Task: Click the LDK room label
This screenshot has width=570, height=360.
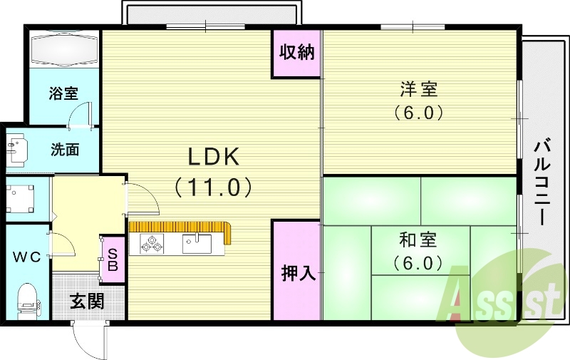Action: tap(212, 156)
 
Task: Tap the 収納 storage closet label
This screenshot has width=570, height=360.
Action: tap(296, 52)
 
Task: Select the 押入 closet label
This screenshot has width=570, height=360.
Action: tap(296, 272)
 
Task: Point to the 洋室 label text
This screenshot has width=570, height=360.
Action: tap(418, 90)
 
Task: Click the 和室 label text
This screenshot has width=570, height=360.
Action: tap(418, 240)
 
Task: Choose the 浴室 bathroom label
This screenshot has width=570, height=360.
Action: tap(63, 93)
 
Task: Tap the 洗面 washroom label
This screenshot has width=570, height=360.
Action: tap(64, 150)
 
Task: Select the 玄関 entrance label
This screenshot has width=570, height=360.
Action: tap(87, 302)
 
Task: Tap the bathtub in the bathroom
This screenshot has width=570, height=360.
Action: tap(63, 48)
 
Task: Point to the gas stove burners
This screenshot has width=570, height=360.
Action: tap(151, 243)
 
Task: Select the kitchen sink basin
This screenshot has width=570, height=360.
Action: tap(196, 243)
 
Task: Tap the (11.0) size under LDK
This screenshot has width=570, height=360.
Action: tap(212, 187)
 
